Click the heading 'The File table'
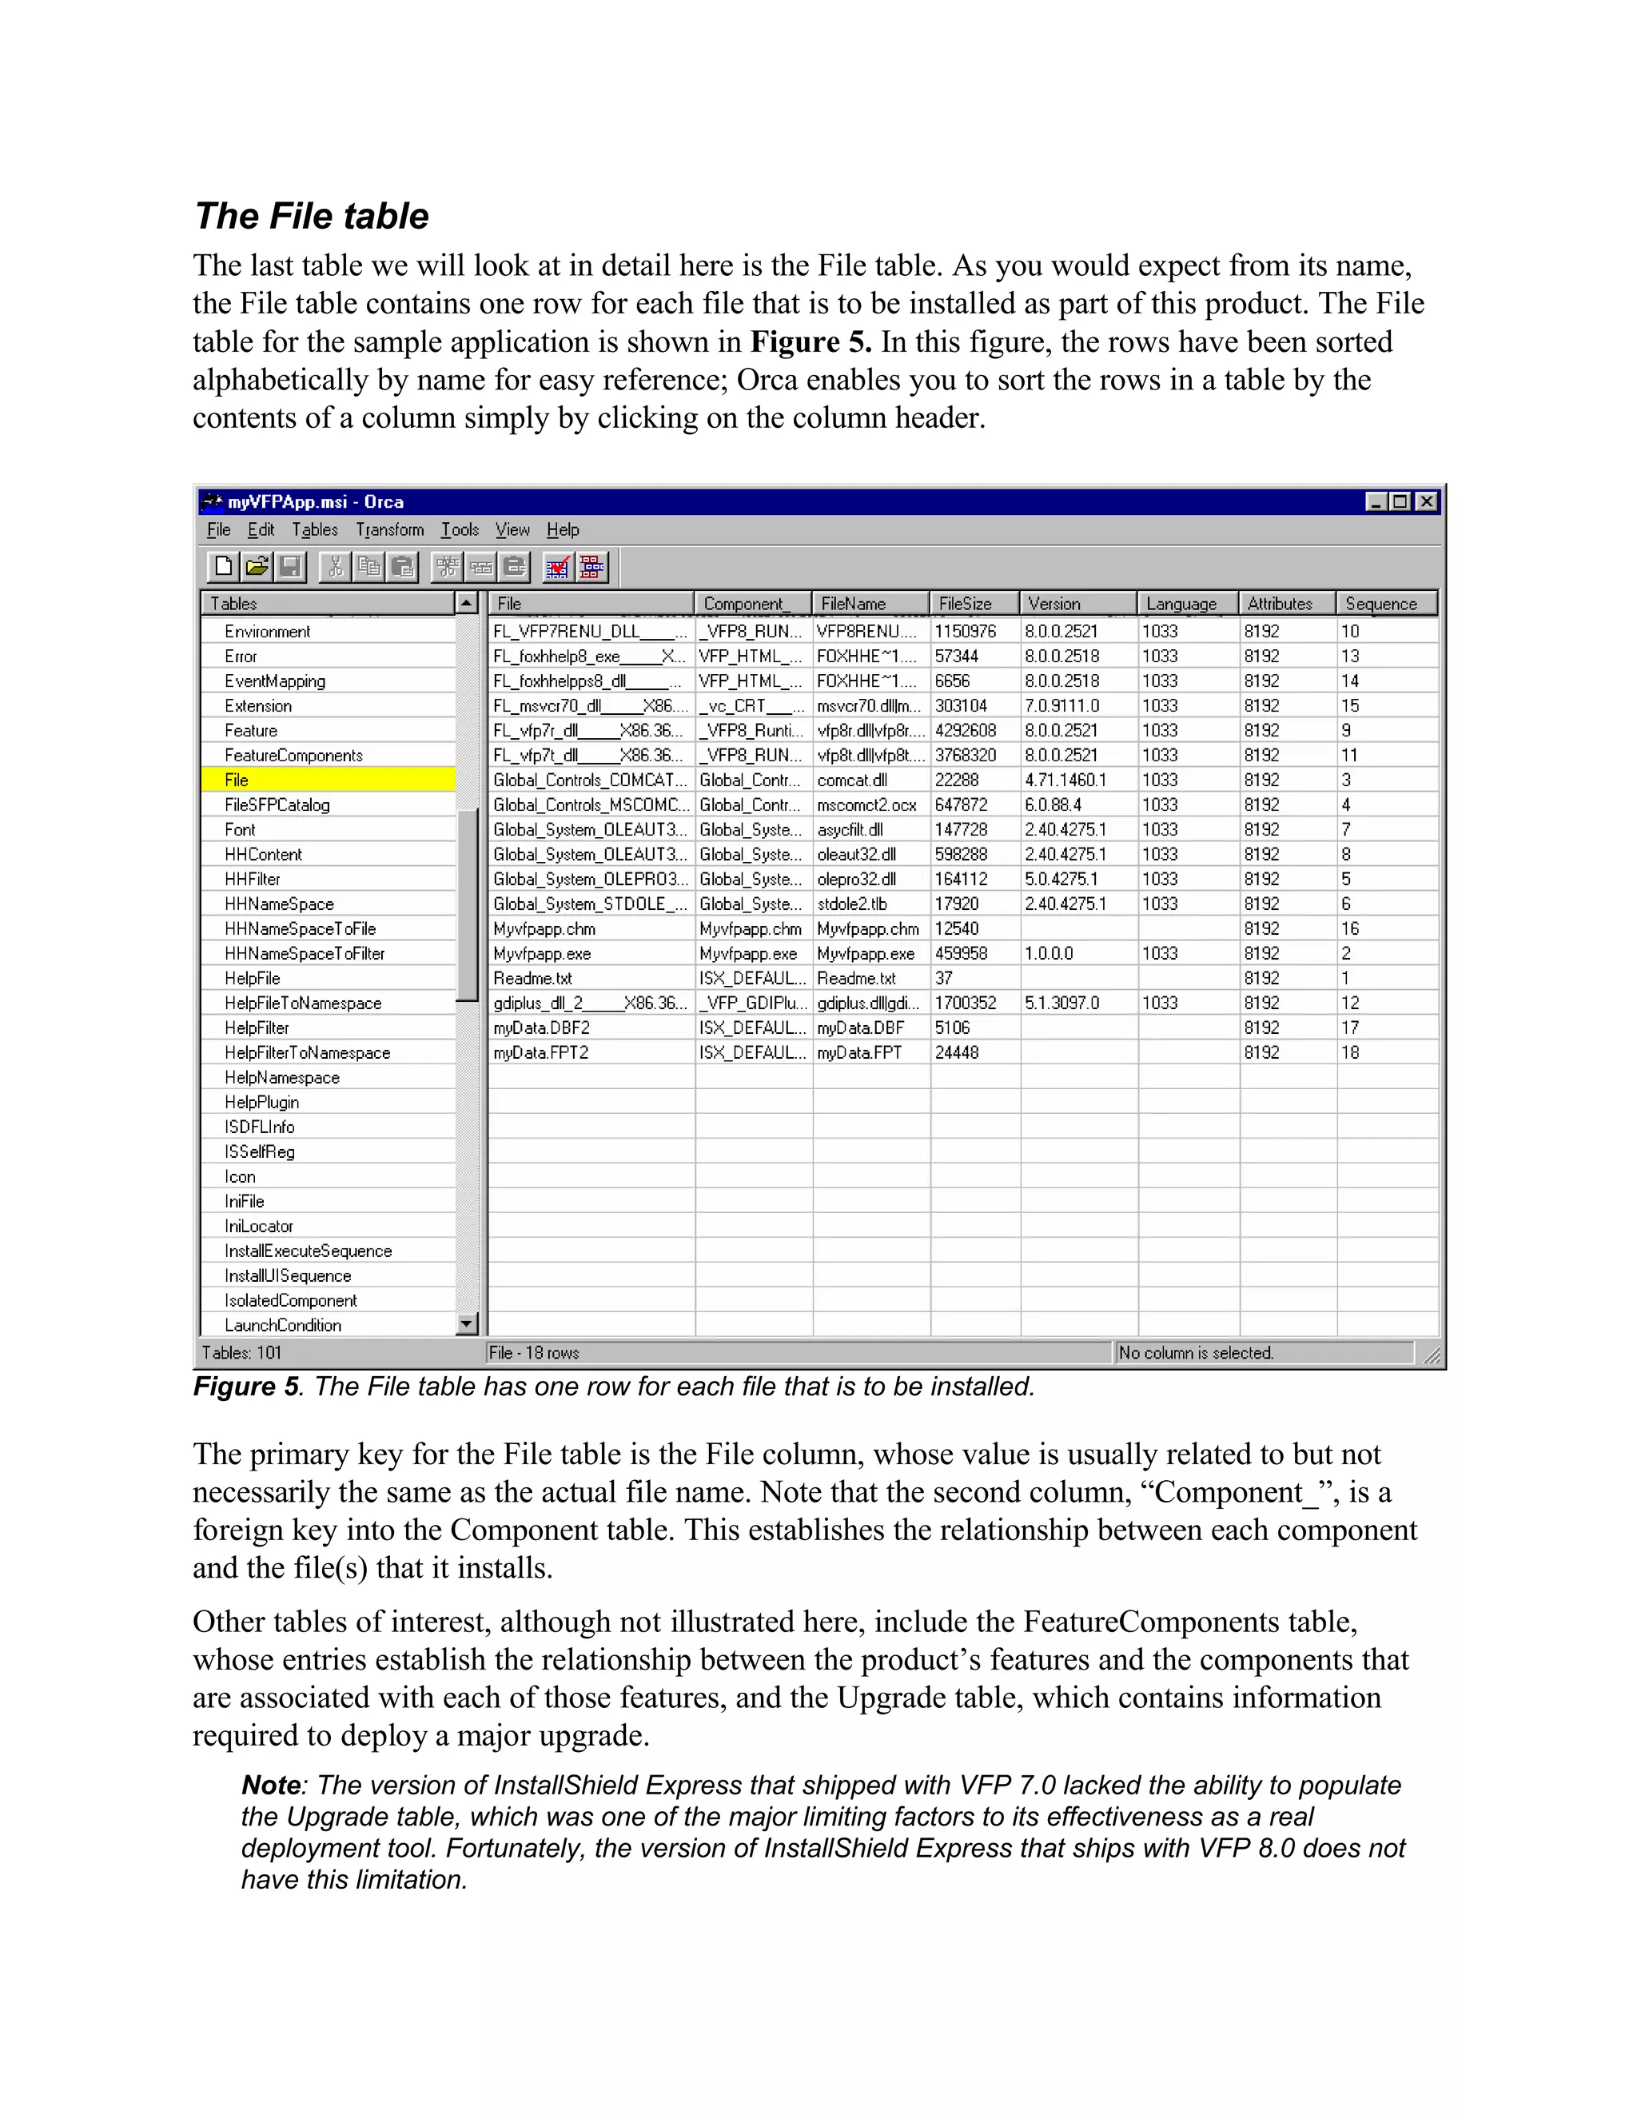click(311, 217)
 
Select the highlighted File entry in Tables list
click(237, 780)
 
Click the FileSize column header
click(965, 604)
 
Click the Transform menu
click(389, 529)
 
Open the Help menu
click(563, 529)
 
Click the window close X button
click(1426, 501)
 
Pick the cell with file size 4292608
click(965, 731)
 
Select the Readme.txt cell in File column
click(532, 978)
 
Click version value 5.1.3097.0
click(1062, 1004)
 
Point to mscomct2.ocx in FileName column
click(866, 805)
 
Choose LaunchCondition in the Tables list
click(282, 1325)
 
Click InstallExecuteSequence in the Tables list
click(308, 1251)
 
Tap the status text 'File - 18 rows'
click(533, 1352)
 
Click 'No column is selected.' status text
click(1195, 1352)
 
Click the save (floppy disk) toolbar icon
click(290, 567)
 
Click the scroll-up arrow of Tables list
click(467, 604)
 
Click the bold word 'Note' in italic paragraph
click(271, 1786)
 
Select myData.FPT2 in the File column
click(540, 1053)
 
